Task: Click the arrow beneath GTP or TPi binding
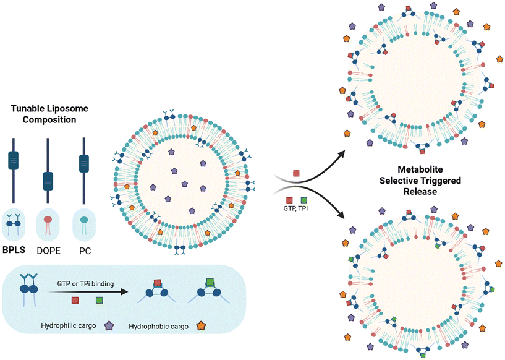coord(87,290)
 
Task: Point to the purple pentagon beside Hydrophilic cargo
coord(109,324)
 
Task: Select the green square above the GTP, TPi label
coord(303,200)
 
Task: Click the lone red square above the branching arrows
coord(296,173)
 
